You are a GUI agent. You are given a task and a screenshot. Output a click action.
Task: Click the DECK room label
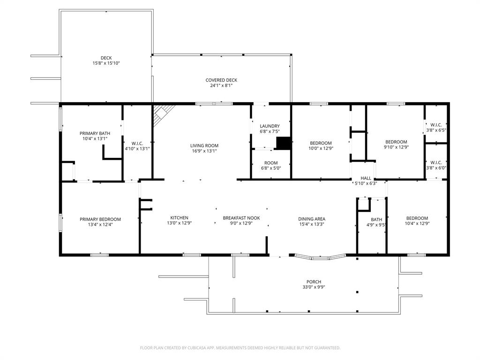(106, 58)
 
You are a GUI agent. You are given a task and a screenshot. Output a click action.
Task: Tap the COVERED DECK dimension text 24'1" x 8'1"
(221, 86)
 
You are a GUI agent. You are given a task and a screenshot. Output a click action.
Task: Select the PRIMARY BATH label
(95, 133)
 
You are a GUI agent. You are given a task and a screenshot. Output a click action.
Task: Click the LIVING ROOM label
(204, 146)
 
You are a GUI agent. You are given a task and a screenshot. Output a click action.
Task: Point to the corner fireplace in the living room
(163, 112)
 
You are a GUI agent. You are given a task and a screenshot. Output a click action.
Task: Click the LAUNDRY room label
(270, 126)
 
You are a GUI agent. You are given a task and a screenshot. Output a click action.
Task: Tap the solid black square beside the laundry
(283, 143)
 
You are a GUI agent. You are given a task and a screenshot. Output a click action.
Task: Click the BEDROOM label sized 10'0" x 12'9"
(321, 143)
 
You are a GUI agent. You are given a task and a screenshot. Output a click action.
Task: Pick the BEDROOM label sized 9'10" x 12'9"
(396, 142)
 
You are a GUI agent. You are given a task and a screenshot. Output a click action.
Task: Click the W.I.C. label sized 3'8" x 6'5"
(435, 125)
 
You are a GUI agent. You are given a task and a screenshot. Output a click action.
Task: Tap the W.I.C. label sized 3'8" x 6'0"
(435, 162)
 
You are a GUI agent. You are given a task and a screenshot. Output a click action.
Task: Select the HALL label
(366, 178)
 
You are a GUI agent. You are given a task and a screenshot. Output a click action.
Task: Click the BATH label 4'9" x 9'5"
(376, 219)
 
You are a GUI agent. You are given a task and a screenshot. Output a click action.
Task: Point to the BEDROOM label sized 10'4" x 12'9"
(417, 218)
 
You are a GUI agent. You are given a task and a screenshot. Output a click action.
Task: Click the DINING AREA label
(312, 219)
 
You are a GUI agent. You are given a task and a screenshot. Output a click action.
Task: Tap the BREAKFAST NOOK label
(241, 218)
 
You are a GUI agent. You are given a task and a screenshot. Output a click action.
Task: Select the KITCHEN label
(179, 218)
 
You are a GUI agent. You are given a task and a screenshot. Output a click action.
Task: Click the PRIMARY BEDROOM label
(100, 219)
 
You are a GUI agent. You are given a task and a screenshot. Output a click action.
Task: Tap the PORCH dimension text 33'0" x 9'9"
(314, 287)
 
